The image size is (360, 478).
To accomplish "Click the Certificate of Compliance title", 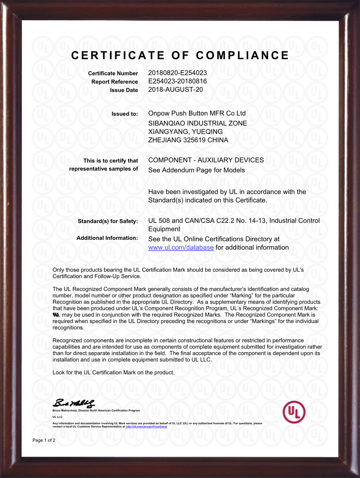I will [x=180, y=55].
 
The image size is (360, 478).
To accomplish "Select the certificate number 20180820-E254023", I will [x=177, y=73].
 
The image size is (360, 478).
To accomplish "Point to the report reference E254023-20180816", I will [x=177, y=81].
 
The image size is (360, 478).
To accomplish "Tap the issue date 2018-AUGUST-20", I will [x=175, y=90].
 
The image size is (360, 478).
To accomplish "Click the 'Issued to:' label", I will [x=124, y=114].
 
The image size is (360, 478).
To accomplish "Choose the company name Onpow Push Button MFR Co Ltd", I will [x=197, y=114].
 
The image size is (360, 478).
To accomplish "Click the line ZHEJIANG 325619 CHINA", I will [x=188, y=140].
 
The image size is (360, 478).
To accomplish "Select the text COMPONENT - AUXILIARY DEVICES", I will [x=206, y=160].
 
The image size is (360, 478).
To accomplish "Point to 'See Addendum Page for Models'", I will [x=197, y=170].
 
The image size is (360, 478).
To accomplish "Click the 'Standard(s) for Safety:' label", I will [x=108, y=221].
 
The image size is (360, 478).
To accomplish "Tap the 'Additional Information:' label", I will [x=107, y=238].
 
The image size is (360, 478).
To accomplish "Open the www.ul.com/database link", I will [x=181, y=248].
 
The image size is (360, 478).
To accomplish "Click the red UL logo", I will [x=294, y=412].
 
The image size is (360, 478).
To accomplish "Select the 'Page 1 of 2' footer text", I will [x=44, y=440].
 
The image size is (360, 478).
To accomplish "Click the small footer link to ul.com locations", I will [x=146, y=426].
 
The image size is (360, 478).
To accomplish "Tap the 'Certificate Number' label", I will [x=113, y=73].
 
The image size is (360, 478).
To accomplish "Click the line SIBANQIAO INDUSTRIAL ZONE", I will [x=197, y=123].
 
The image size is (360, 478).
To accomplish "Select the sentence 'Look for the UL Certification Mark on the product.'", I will [x=114, y=372].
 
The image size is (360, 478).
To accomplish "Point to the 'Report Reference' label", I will [x=114, y=82].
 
